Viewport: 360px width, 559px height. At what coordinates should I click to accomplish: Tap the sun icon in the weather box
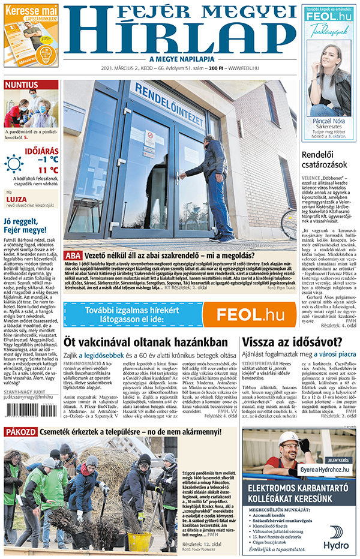click(14, 163)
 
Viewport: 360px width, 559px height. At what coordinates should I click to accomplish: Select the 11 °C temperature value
click(47, 170)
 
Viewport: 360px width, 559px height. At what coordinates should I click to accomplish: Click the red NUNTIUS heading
click(22, 85)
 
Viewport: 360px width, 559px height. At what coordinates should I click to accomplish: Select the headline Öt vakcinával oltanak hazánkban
click(146, 342)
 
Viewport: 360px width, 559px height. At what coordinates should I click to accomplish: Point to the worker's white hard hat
click(288, 438)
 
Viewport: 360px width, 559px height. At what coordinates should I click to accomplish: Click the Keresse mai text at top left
click(31, 11)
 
